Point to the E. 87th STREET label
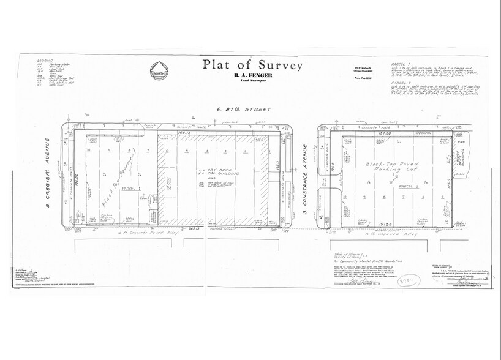(250, 109)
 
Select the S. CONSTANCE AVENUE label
(305, 179)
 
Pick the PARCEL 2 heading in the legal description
(398, 81)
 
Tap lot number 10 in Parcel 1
(89, 149)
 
